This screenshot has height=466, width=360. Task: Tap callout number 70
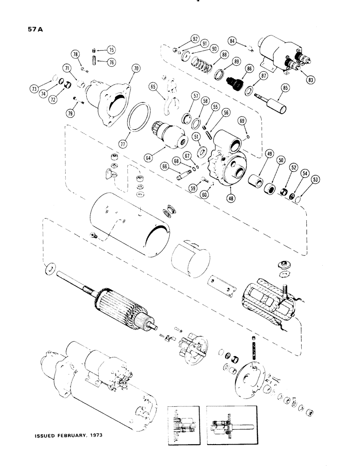136,68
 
